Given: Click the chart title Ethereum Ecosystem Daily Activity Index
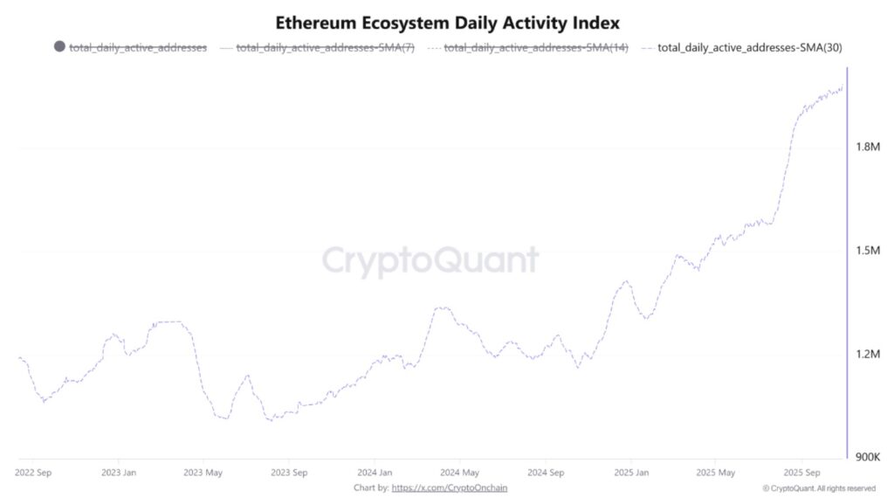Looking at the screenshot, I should pos(447,22).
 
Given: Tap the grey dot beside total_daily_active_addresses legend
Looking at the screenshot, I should pos(59,47).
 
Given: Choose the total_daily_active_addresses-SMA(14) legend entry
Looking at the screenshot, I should pos(534,47).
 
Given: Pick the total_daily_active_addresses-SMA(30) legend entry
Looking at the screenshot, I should pos(749,47).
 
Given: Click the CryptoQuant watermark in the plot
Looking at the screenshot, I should pos(430,260).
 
